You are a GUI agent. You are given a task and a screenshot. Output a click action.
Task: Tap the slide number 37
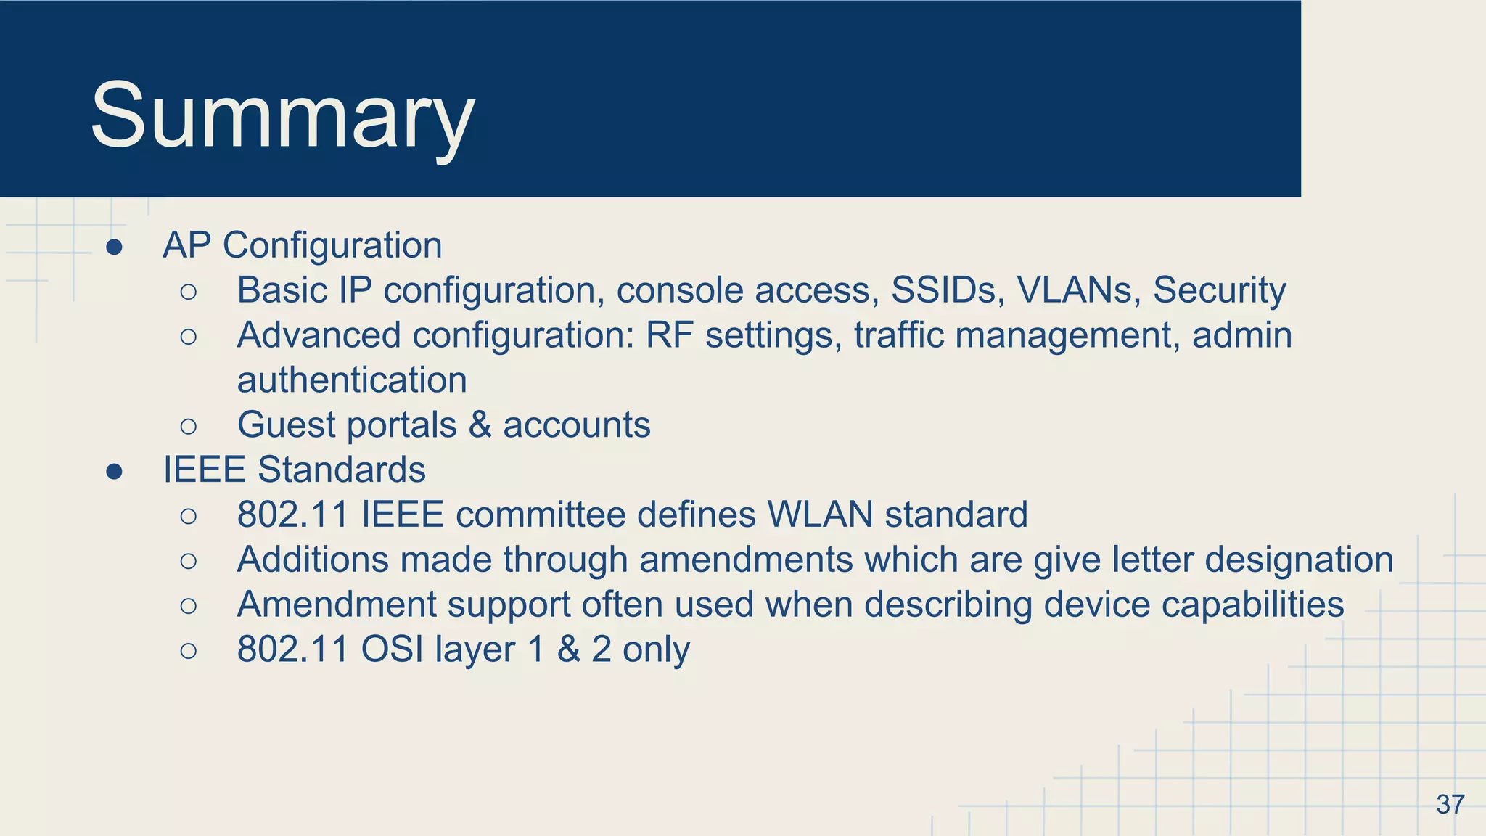coord(1450,804)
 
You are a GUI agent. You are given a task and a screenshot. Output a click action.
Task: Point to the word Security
coord(1219,290)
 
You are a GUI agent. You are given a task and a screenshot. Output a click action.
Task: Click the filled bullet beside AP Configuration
coord(114,247)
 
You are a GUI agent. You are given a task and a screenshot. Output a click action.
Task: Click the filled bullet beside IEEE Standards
coord(114,472)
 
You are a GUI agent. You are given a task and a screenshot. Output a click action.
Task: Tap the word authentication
coord(352,380)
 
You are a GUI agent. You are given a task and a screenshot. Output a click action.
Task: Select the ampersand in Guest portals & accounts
coord(480,425)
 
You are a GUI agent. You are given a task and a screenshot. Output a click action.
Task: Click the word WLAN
coord(820,515)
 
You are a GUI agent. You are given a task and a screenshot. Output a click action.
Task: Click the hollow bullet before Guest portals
coord(188,426)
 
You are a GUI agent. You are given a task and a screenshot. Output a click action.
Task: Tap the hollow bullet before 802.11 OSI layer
coord(188,650)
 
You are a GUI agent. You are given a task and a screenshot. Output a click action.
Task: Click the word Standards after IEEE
coord(341,470)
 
